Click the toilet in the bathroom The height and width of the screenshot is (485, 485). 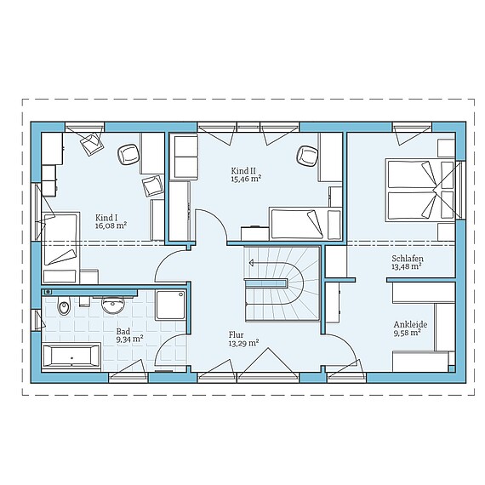pos(64,305)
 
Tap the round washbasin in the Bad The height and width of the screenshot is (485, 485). pos(113,305)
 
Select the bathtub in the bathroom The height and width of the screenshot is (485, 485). pos(71,357)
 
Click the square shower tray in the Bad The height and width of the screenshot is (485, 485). pos(170,305)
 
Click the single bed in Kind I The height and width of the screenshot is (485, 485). pos(60,248)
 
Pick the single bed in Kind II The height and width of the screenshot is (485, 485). pos(305,224)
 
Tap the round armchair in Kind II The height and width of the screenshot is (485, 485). pos(308,156)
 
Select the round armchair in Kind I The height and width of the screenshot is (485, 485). pos(128,155)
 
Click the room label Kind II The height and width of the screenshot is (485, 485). pos(244,171)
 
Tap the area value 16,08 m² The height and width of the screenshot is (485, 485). pos(111,225)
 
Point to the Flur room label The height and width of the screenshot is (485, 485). pos(237,334)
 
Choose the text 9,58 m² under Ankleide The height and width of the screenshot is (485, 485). pos(407,333)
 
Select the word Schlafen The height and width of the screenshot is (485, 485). pos(408,259)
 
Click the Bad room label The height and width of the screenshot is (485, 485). pos(123,332)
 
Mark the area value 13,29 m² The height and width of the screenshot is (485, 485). pos(243,343)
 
